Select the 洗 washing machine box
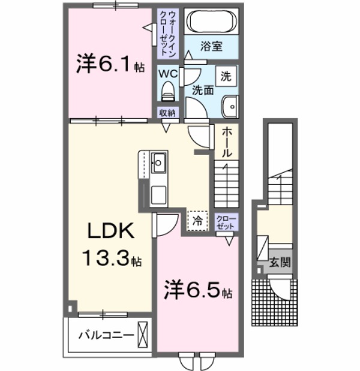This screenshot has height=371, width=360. pyautogui.click(x=226, y=76)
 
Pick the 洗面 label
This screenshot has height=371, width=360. pyautogui.click(x=203, y=91)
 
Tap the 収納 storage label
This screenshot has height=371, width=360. pyautogui.click(x=167, y=113)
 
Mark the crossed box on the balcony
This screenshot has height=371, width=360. pyautogui.click(x=143, y=334)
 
